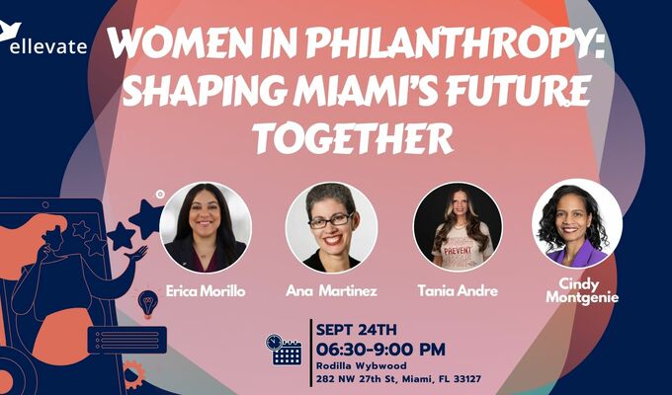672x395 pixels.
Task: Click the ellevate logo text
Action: pos(48,45)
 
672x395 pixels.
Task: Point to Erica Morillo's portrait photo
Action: pos(206,227)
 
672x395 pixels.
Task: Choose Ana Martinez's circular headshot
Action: pos(331,227)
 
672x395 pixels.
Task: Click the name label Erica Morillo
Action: pos(206,290)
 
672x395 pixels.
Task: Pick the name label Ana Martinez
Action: pos(331,290)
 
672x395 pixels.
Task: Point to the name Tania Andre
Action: pos(458,290)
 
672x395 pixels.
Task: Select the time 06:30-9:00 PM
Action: pos(380,350)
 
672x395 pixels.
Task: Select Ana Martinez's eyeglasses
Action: pos(330,220)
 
